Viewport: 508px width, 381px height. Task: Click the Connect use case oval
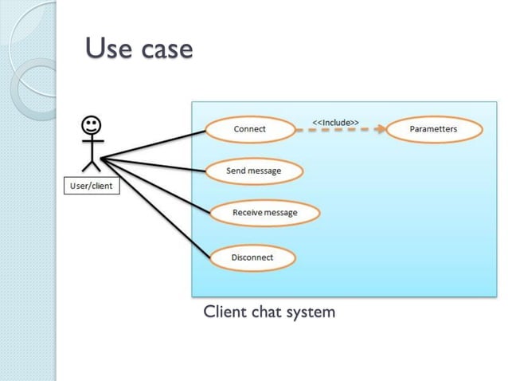tap(249, 129)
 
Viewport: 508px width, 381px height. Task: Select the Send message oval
tap(253, 171)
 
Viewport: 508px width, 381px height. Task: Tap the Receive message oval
tap(264, 213)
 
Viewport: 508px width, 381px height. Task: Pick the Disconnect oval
tap(252, 257)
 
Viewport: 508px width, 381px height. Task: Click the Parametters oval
tap(433, 129)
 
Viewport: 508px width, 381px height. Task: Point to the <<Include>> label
tap(334, 121)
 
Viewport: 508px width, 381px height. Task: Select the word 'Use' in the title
tap(108, 49)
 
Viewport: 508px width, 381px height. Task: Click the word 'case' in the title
tap(166, 49)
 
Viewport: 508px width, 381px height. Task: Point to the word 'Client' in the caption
tap(225, 311)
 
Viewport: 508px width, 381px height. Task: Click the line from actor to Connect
tap(151, 143)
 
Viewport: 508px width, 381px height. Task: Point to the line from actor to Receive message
tap(155, 185)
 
